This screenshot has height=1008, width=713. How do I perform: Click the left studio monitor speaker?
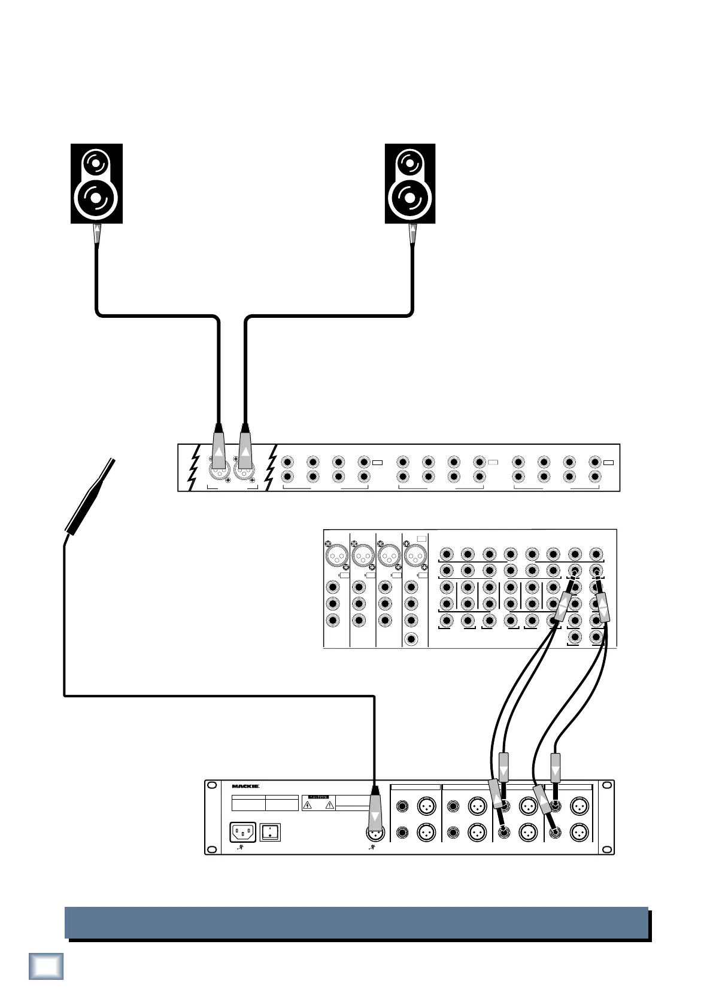(x=96, y=183)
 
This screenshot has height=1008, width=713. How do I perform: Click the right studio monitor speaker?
(x=410, y=183)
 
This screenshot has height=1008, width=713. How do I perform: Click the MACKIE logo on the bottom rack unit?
(x=245, y=787)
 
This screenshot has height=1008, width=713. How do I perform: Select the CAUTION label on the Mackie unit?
(x=318, y=797)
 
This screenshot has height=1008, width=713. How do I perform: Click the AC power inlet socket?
(x=243, y=832)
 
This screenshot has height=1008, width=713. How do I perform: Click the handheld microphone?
(x=90, y=496)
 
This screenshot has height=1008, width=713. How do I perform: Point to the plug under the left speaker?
(x=96, y=234)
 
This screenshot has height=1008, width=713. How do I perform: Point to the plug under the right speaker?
(x=412, y=234)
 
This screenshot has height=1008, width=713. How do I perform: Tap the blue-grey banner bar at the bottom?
(x=356, y=922)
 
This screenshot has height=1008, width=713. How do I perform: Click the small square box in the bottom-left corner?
(x=46, y=966)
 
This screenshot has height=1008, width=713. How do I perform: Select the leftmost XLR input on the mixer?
(x=336, y=557)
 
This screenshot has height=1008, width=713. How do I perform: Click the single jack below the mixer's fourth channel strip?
(x=411, y=639)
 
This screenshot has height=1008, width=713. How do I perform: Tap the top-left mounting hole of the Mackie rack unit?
(x=211, y=785)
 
